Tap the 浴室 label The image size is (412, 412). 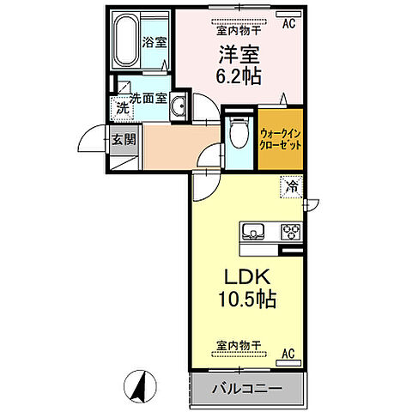pyautogui.click(x=154, y=43)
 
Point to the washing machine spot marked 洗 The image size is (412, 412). pyautogui.click(x=123, y=109)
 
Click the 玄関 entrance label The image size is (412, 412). pyautogui.click(x=124, y=140)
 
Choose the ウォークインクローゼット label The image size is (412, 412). pyautogui.click(x=281, y=139)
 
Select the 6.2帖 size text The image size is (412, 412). pyautogui.click(x=239, y=76)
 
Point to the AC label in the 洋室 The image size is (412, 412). pyautogui.click(x=288, y=24)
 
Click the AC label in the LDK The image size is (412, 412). pyautogui.click(x=288, y=354)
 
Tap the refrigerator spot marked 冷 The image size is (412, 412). pyautogui.click(x=292, y=187)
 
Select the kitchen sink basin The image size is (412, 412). pyautogui.click(x=253, y=231)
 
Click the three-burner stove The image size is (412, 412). pyautogui.click(x=291, y=231)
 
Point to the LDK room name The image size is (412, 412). pyautogui.click(x=247, y=276)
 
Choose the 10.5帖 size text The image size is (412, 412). pyautogui.click(x=247, y=299)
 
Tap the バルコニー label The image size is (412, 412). pyautogui.click(x=247, y=389)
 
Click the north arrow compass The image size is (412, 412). pyautogui.click(x=140, y=386)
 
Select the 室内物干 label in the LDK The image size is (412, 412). pyautogui.click(x=239, y=345)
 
